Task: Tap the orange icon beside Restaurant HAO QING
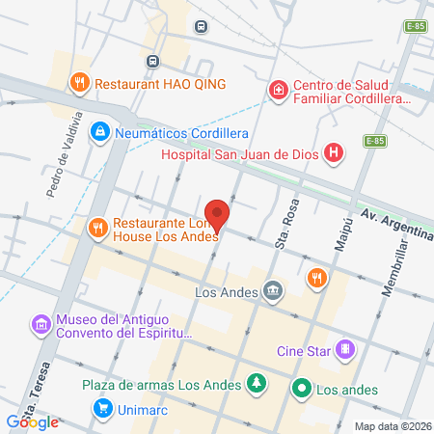tap(80, 84)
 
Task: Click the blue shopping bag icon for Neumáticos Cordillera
tap(98, 131)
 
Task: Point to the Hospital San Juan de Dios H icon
tap(334, 151)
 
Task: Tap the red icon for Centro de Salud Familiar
tap(278, 91)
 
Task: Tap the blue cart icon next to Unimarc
tap(101, 408)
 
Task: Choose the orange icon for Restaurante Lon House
tap(96, 228)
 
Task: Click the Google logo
tap(33, 421)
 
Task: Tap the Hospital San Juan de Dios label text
tap(240, 151)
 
